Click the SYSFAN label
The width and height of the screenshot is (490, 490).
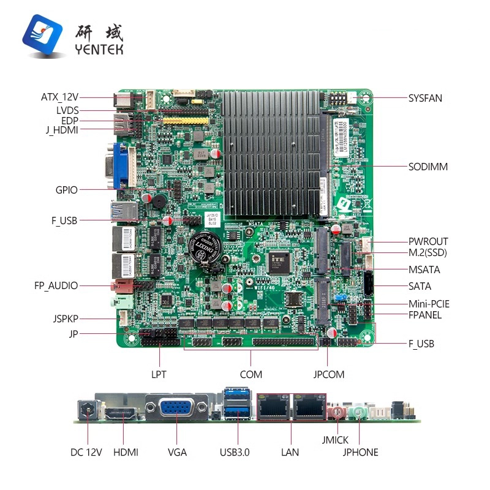425,97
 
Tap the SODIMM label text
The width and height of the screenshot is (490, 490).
428,167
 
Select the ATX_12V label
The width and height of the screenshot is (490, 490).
59,97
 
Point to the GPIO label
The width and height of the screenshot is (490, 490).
67,190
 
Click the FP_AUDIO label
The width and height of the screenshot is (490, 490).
56,285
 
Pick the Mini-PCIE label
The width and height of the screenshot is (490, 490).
429,304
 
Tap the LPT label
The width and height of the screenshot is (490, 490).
159,374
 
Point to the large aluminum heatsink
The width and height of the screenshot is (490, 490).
273,153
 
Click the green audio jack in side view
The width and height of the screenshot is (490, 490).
358,412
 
